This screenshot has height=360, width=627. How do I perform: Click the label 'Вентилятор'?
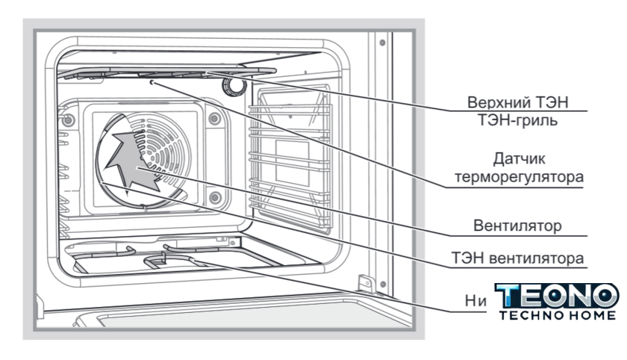point(528,224)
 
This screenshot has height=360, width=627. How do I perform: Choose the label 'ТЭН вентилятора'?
point(527,258)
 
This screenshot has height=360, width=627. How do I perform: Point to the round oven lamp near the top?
point(235,86)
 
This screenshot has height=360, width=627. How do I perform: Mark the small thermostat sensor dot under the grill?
point(153,84)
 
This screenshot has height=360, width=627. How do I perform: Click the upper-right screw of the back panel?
point(214,118)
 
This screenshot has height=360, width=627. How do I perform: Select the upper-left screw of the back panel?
point(69,120)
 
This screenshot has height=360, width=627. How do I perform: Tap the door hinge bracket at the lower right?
point(365,285)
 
